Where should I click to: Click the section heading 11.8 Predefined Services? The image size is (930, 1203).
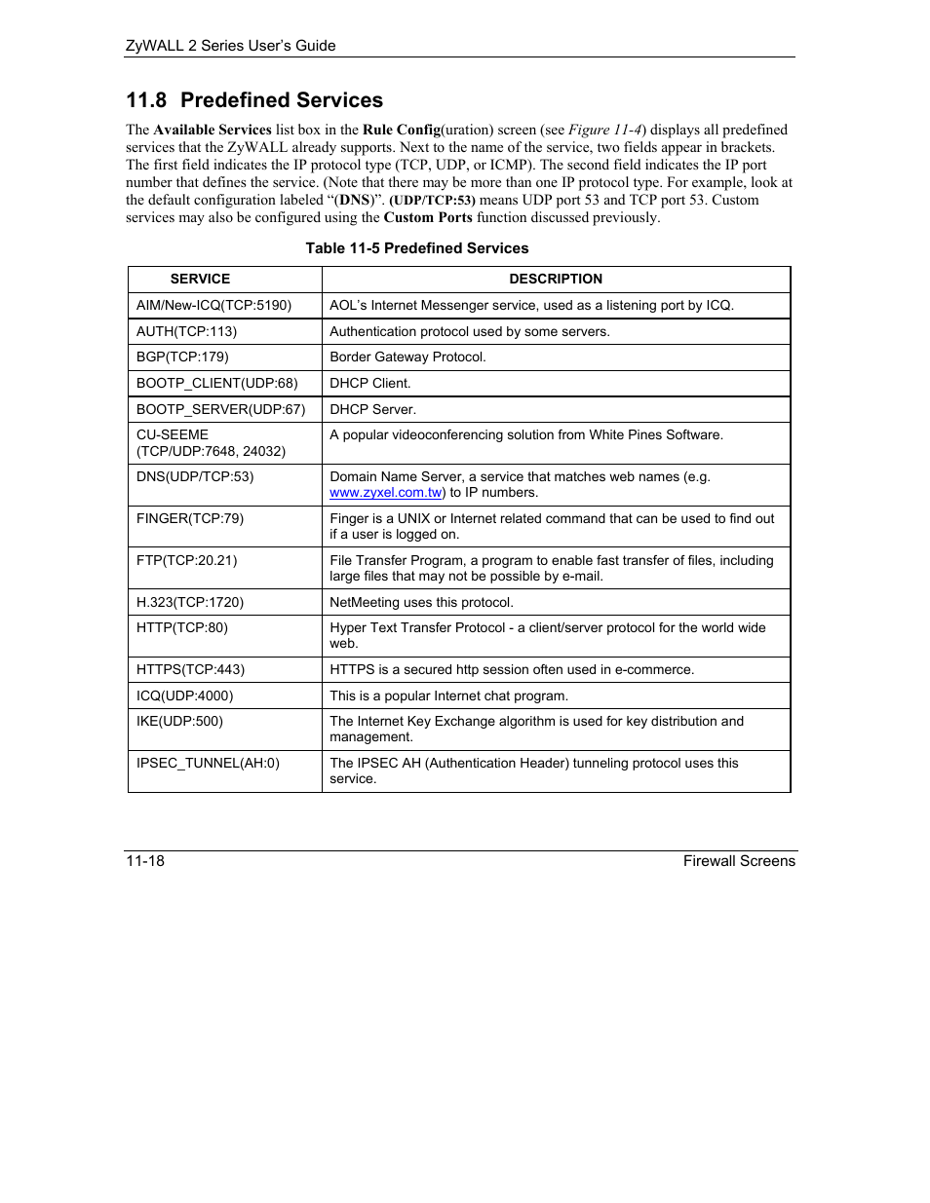pos(254,100)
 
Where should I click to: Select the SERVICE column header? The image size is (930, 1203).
pos(200,279)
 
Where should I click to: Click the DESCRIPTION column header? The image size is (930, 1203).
pos(556,279)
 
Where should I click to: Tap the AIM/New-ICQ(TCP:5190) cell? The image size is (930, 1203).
pos(213,305)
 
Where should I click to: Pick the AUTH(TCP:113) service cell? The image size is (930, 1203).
pos(186,331)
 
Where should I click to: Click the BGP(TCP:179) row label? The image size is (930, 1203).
pos(182,357)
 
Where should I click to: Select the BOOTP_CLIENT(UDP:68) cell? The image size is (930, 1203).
pos(216,383)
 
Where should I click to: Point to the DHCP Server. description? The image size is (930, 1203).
pos(372,409)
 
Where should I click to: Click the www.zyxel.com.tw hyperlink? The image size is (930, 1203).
pos(385,493)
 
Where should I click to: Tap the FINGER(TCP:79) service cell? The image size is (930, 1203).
pos(190,518)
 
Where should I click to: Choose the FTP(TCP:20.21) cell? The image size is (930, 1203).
pos(186,560)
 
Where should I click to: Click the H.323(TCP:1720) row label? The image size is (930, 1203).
pos(190,602)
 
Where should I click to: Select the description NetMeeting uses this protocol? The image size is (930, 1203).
pos(421,602)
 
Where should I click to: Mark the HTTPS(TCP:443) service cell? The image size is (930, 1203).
pos(190,669)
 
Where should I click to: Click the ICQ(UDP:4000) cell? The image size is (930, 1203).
pos(183,695)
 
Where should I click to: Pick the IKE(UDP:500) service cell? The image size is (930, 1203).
pos(179,721)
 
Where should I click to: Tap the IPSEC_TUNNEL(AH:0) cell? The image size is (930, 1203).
pos(208,763)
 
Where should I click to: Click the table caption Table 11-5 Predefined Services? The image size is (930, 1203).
pos(417,248)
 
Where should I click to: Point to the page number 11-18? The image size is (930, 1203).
pos(145,861)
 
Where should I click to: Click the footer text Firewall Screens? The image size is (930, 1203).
pos(739,861)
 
